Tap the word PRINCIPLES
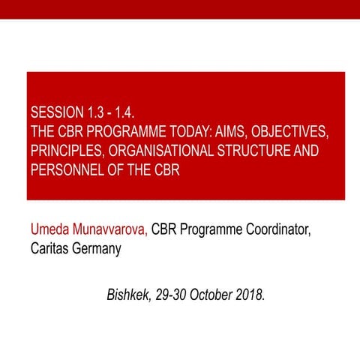click(67, 151)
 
